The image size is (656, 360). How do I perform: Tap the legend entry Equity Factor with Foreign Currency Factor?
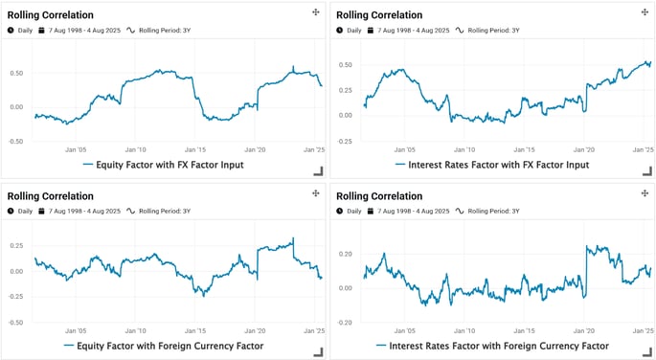click(163, 345)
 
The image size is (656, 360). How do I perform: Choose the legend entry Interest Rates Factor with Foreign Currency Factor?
click(492, 345)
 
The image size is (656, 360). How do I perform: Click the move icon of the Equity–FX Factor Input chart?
click(315, 12)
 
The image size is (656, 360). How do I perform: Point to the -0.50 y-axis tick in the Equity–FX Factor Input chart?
click(15, 141)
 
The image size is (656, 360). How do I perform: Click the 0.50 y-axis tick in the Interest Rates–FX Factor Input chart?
click(345, 65)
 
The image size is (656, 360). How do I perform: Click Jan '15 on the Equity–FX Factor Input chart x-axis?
click(195, 149)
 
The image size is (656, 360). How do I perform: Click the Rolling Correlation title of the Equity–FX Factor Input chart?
click(51, 14)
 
